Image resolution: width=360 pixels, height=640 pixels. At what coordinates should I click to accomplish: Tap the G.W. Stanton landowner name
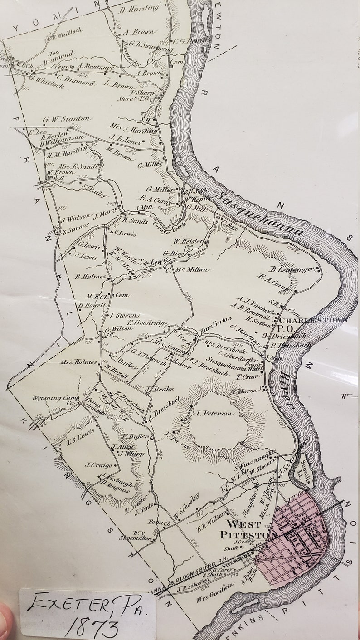click(66, 120)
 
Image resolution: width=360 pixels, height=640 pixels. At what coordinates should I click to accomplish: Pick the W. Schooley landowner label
click(186, 506)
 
